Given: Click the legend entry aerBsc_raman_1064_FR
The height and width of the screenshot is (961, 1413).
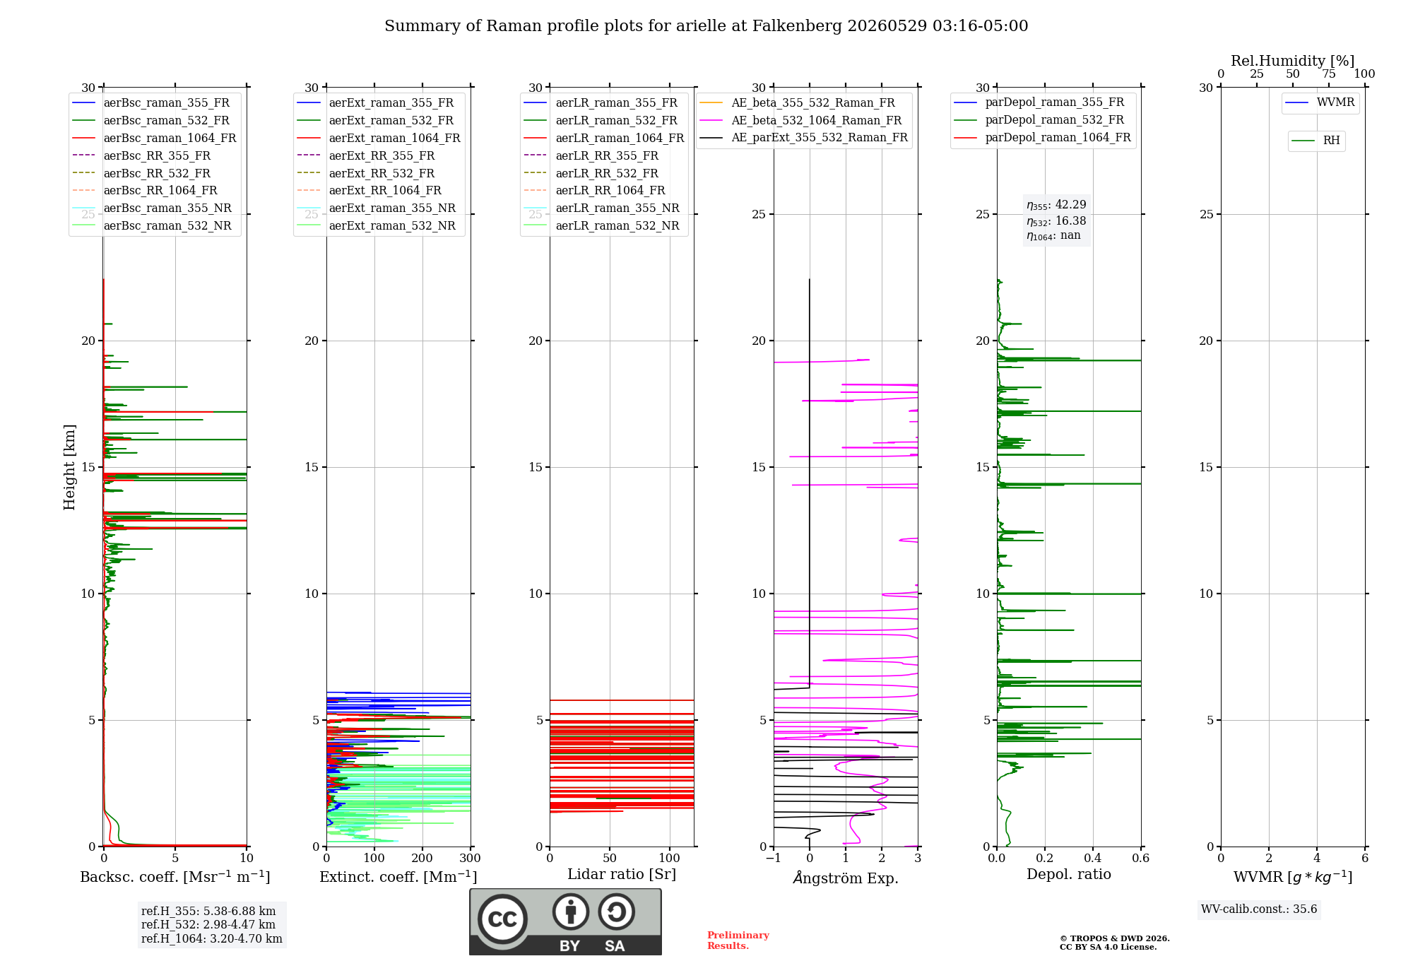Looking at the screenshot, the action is pos(154,138).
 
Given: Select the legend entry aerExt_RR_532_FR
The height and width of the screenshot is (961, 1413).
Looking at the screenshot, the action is pos(366,173).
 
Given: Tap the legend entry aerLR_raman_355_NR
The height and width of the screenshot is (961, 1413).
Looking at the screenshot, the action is pos(601,208).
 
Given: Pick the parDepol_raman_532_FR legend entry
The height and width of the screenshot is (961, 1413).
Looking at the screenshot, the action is pos(1039,119).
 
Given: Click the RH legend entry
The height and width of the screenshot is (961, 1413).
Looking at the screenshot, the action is pos(1316,141).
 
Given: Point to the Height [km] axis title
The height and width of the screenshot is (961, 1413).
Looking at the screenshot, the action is pos(69,467).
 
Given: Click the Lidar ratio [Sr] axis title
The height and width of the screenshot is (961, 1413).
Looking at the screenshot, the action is pos(622,874).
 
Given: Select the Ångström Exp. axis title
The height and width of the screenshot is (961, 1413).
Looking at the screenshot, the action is pos(846,878).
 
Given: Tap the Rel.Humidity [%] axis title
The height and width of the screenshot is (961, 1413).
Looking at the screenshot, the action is pos(1293,61).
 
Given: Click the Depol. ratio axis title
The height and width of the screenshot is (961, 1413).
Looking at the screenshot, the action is pos(1069,874).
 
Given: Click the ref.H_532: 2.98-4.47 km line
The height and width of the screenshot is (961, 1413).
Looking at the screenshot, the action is pos(208,924).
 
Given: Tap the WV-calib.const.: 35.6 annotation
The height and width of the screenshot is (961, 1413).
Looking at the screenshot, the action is pos(1259,909).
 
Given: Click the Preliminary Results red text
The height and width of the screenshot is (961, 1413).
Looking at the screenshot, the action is pos(738,941).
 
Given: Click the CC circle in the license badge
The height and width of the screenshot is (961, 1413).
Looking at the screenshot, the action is pos(502,919).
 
